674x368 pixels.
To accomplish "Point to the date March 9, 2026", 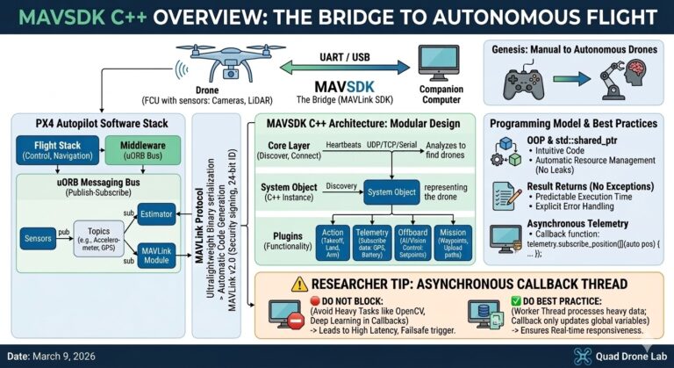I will click(x=57, y=356).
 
